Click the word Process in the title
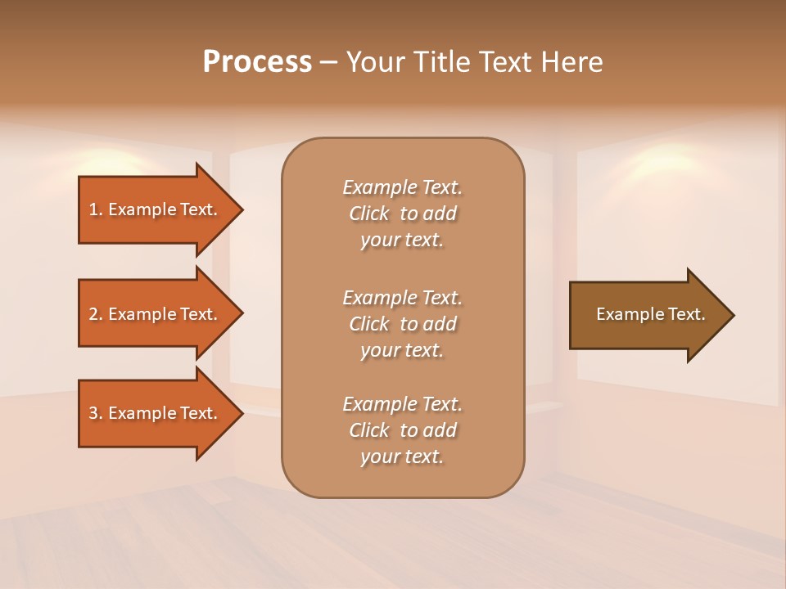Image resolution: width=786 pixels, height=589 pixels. pyautogui.click(x=257, y=62)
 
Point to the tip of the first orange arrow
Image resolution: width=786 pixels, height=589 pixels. pyautogui.click(x=242, y=209)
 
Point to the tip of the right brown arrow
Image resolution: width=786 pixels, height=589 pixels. pyautogui.click(x=733, y=315)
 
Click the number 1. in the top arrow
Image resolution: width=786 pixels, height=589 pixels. pyautogui.click(x=96, y=209)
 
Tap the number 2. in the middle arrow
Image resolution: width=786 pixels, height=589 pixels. pyautogui.click(x=96, y=314)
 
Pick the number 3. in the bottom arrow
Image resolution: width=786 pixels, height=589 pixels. pyautogui.click(x=96, y=413)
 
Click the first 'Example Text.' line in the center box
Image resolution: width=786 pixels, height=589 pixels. pyautogui.click(x=402, y=187)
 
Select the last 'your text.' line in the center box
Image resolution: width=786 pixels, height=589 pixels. pyautogui.click(x=402, y=456)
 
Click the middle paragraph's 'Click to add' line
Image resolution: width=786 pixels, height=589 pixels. pyautogui.click(x=402, y=324)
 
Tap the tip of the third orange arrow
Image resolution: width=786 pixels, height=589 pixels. pyautogui.click(x=242, y=413)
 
